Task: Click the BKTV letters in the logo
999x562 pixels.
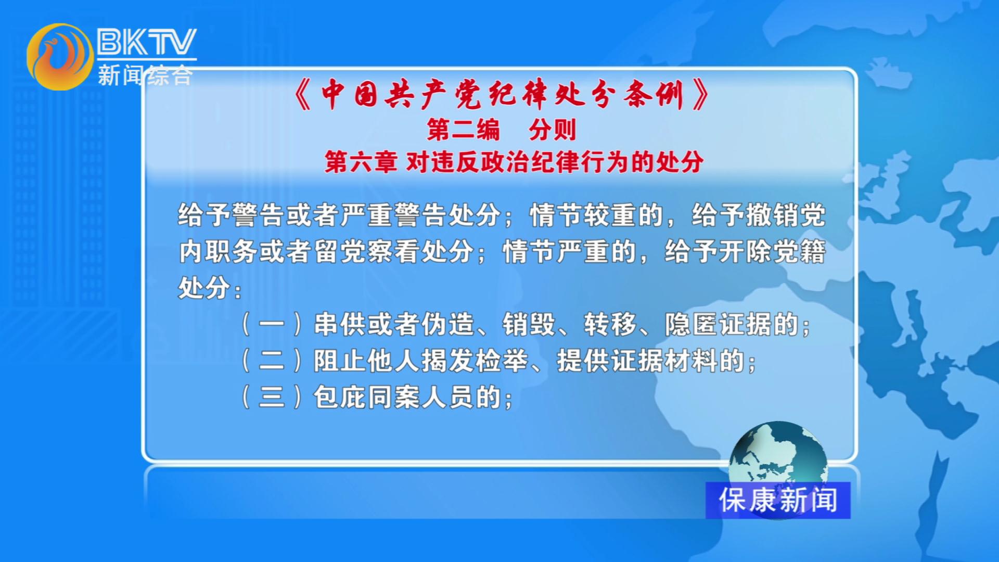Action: click(x=147, y=42)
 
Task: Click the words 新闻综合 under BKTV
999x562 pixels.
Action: click(x=145, y=75)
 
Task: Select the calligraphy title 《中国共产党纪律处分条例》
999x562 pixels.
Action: click(x=501, y=95)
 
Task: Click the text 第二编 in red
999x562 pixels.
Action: click(x=463, y=130)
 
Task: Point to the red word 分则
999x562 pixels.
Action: click(x=553, y=130)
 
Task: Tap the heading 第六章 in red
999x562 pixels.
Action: click(x=361, y=162)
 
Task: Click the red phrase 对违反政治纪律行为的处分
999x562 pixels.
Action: click(x=555, y=162)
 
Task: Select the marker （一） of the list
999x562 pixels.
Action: click(x=272, y=324)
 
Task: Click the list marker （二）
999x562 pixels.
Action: click(x=272, y=361)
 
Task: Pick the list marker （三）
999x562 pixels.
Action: click(x=272, y=397)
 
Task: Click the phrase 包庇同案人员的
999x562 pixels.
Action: click(x=407, y=397)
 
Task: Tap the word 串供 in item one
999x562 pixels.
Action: click(x=340, y=324)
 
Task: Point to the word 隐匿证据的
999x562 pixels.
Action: click(x=732, y=324)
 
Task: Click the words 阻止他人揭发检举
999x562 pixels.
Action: click(x=421, y=361)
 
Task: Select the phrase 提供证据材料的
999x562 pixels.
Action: click(x=650, y=361)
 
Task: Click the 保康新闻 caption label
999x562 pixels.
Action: click(x=778, y=500)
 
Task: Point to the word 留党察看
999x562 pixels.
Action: click(x=367, y=251)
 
